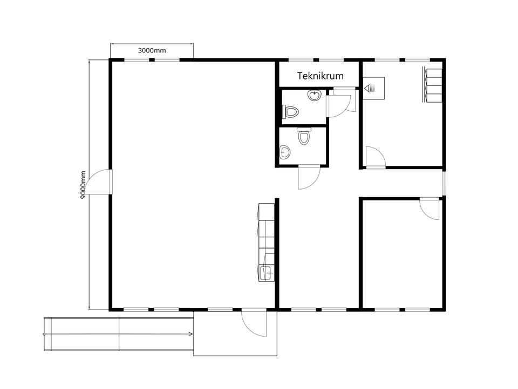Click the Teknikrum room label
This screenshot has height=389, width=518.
click(x=321, y=76)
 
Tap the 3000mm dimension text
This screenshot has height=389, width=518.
click(x=152, y=51)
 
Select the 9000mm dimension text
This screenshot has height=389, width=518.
click(x=83, y=185)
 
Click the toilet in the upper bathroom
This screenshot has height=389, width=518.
click(x=290, y=112)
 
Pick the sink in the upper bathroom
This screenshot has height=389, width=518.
click(x=315, y=95)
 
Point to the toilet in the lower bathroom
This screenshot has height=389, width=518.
click(x=304, y=136)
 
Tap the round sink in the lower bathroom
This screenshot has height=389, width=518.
click(x=284, y=152)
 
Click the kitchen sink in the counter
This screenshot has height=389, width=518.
click(x=266, y=273)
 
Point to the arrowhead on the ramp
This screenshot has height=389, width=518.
click(x=191, y=334)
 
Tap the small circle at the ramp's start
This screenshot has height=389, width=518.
click(x=44, y=334)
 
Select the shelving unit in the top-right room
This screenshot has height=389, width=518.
click(x=432, y=84)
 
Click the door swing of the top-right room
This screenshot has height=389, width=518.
click(x=376, y=157)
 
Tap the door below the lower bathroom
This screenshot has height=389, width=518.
click(x=309, y=177)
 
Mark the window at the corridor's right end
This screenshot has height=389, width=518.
click(x=444, y=183)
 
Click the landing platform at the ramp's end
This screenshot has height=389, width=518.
click(x=235, y=333)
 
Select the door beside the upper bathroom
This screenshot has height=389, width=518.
click(x=340, y=103)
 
